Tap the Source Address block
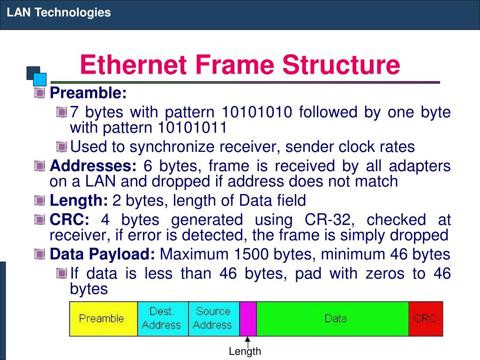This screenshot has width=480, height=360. coord(214,319)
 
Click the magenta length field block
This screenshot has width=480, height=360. coord(248,319)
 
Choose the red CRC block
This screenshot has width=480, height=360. coord(426,319)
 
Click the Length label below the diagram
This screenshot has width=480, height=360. coord(245,352)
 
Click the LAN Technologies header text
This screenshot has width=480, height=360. coord(59,13)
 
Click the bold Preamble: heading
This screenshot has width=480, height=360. coord(88,93)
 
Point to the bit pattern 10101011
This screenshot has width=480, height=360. coord(192,127)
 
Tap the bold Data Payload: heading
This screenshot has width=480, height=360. coord(102,255)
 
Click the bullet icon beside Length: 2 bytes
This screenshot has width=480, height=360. coord(40,201)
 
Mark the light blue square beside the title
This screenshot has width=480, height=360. coord(40,79)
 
